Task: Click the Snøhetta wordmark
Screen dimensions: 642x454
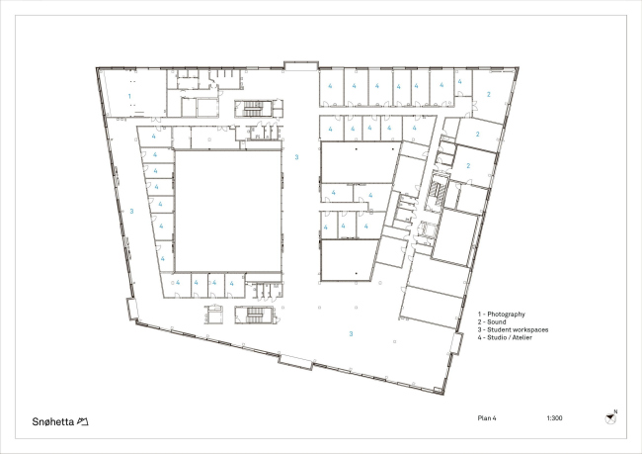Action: coord(52,421)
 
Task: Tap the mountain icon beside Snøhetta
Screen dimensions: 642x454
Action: coord(83,421)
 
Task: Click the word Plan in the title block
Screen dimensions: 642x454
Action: coord(484,418)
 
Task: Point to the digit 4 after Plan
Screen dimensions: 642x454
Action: coord(494,418)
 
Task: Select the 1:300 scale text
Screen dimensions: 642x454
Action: coord(554,418)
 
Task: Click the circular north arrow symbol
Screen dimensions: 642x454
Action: coord(610,418)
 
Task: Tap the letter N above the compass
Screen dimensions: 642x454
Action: coord(615,411)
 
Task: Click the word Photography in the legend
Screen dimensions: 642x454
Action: coord(506,315)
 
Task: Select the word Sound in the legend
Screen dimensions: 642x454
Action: coord(497,321)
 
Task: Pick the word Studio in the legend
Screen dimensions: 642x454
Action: coord(497,337)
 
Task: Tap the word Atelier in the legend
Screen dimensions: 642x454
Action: coord(522,337)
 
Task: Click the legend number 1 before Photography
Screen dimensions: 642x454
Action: coord(479,315)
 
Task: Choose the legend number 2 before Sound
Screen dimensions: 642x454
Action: coord(479,321)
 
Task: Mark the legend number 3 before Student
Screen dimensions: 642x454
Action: coord(479,329)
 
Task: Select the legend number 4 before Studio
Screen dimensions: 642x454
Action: coord(479,337)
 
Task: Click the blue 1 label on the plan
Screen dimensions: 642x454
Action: coord(129,96)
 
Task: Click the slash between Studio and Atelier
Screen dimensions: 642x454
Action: coord(510,337)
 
